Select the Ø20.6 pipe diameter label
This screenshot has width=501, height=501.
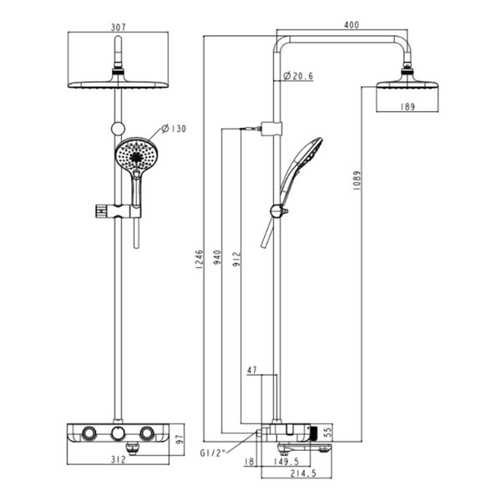pos(298,76)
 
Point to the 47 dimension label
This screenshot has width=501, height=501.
pos(252,367)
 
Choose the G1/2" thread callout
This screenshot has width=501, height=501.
pos(213,453)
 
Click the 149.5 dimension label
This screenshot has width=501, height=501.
pos(286,463)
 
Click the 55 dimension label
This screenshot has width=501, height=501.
pos(328,433)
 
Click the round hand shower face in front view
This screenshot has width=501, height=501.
pos(134,154)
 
